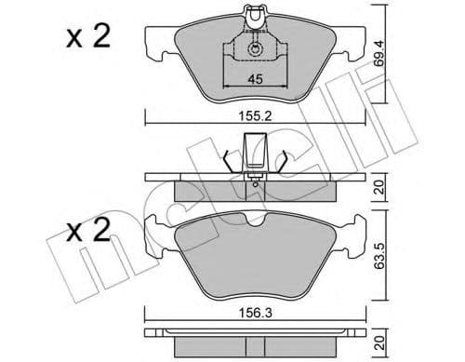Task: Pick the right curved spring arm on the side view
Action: [277, 158]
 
